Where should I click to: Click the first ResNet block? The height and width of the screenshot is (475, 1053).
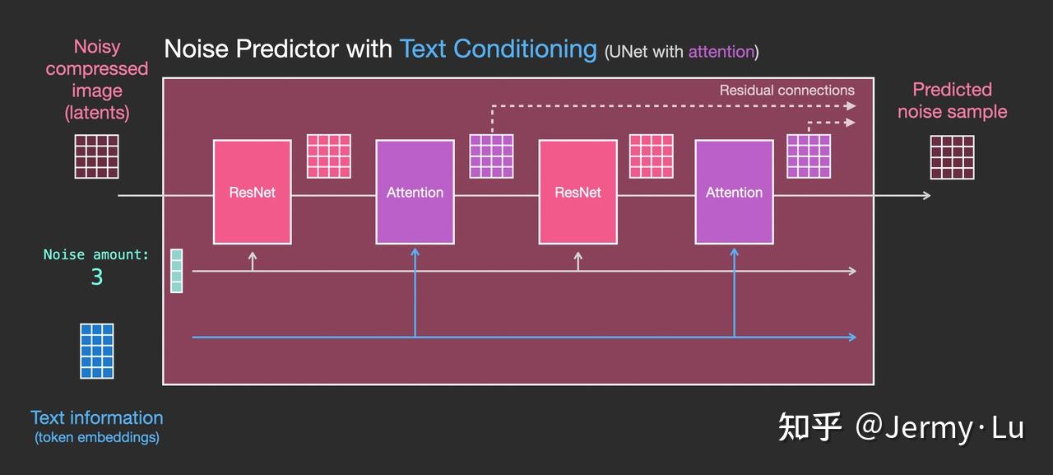[x=253, y=192]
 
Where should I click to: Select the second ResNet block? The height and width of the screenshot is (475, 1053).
[x=578, y=192]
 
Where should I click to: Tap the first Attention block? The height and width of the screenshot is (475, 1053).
[x=415, y=192]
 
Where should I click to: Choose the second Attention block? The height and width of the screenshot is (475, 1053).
[x=735, y=192]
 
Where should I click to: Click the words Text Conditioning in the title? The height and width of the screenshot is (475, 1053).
[x=499, y=49]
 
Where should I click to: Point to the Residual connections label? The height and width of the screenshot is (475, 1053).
[x=787, y=90]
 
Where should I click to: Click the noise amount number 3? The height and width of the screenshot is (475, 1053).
[x=97, y=277]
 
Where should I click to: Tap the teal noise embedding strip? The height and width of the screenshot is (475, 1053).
[x=176, y=271]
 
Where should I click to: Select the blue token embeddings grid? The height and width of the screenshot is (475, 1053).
[x=97, y=351]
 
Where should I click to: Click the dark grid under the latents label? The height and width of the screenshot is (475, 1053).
[x=97, y=156]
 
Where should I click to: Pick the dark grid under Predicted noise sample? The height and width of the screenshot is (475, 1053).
[x=953, y=157]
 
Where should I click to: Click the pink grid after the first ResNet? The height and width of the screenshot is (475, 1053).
[x=328, y=156]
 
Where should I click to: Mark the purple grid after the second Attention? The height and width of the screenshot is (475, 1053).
[x=809, y=156]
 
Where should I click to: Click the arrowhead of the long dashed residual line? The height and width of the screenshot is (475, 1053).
[x=851, y=106]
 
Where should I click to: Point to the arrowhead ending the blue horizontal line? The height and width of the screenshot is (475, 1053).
[x=851, y=338]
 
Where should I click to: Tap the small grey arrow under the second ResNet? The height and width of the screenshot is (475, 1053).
[x=578, y=261]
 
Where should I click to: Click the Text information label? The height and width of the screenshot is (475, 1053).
[x=97, y=417]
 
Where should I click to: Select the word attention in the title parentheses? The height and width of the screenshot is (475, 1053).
[x=721, y=52]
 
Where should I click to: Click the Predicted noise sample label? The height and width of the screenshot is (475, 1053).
[x=953, y=100]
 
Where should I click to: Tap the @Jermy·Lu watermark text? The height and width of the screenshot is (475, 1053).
[x=939, y=428]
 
